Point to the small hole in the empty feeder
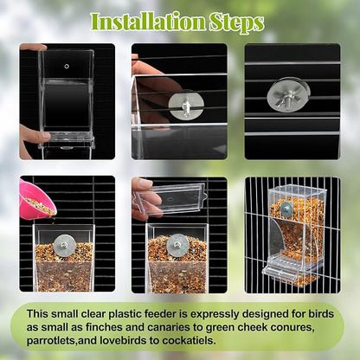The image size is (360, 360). pos(67,65)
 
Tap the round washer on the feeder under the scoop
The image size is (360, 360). pos(64,246)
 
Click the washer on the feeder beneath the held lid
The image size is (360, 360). pos(177,245)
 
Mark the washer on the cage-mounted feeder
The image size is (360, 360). pos(286,209)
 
